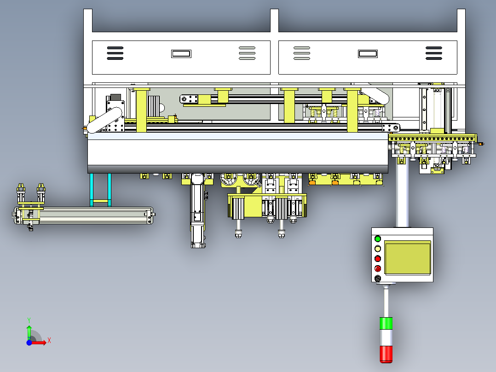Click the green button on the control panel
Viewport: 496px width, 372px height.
pyautogui.click(x=378, y=238)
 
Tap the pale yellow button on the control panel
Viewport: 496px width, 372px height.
pyautogui.click(x=378, y=249)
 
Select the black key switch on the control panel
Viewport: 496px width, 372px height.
pyautogui.click(x=378, y=279)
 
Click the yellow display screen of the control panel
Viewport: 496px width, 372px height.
pyautogui.click(x=408, y=257)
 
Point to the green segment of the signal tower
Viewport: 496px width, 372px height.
pyautogui.click(x=386, y=323)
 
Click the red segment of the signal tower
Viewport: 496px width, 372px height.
pyautogui.click(x=386, y=354)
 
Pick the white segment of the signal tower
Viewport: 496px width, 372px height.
pyautogui.click(x=386, y=337)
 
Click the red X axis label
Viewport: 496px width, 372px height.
pyautogui.click(x=49, y=341)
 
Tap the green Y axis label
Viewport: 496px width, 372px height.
pyautogui.click(x=29, y=320)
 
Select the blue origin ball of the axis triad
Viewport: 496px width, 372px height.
pyautogui.click(x=29, y=343)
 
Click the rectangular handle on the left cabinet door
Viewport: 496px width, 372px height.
pyautogui.click(x=181, y=54)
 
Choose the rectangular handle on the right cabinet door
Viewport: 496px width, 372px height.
pyautogui.click(x=368, y=54)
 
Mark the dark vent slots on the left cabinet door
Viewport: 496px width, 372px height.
pyautogui.click(x=115, y=53)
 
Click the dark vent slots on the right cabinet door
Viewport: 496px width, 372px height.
pyautogui.click(x=434, y=53)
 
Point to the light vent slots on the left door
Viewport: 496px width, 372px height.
pyautogui.click(x=247, y=53)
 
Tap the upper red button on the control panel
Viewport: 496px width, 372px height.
pyautogui.click(x=378, y=259)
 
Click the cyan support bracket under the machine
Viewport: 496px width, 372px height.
pyautogui.click(x=101, y=190)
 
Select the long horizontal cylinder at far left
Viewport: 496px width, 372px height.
pyautogui.click(x=84, y=215)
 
